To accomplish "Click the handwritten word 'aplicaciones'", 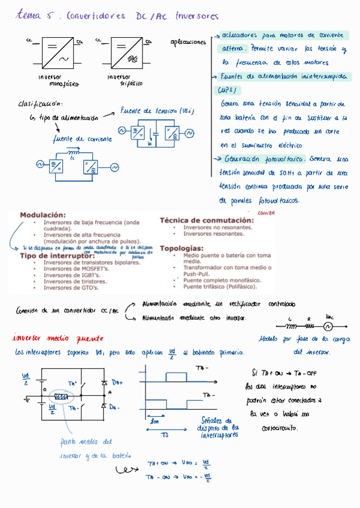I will tap(188, 42).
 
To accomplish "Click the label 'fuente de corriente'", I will tap(82, 139).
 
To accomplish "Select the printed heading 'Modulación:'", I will tap(43, 214).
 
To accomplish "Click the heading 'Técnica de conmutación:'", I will tap(207, 220).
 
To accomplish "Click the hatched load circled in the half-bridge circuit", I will tap(61, 397).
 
